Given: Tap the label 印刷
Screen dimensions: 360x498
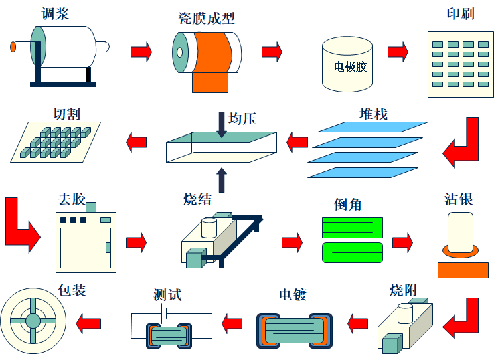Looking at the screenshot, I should tap(460, 14).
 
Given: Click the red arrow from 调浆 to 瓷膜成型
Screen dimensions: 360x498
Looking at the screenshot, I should tap(141, 51).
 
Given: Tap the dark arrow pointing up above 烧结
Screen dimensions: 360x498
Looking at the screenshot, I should tap(222, 179).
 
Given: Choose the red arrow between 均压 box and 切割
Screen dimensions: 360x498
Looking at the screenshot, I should tap(137, 141).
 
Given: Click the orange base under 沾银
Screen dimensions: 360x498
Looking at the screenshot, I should tap(463, 270).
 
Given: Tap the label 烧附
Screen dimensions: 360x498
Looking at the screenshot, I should tap(404, 290).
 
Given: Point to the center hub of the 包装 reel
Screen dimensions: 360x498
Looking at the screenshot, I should tap(33, 321).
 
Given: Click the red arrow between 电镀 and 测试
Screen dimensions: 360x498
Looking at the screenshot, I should tap(232, 324).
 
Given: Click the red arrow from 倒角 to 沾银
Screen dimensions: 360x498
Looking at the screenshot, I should tap(402, 242).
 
